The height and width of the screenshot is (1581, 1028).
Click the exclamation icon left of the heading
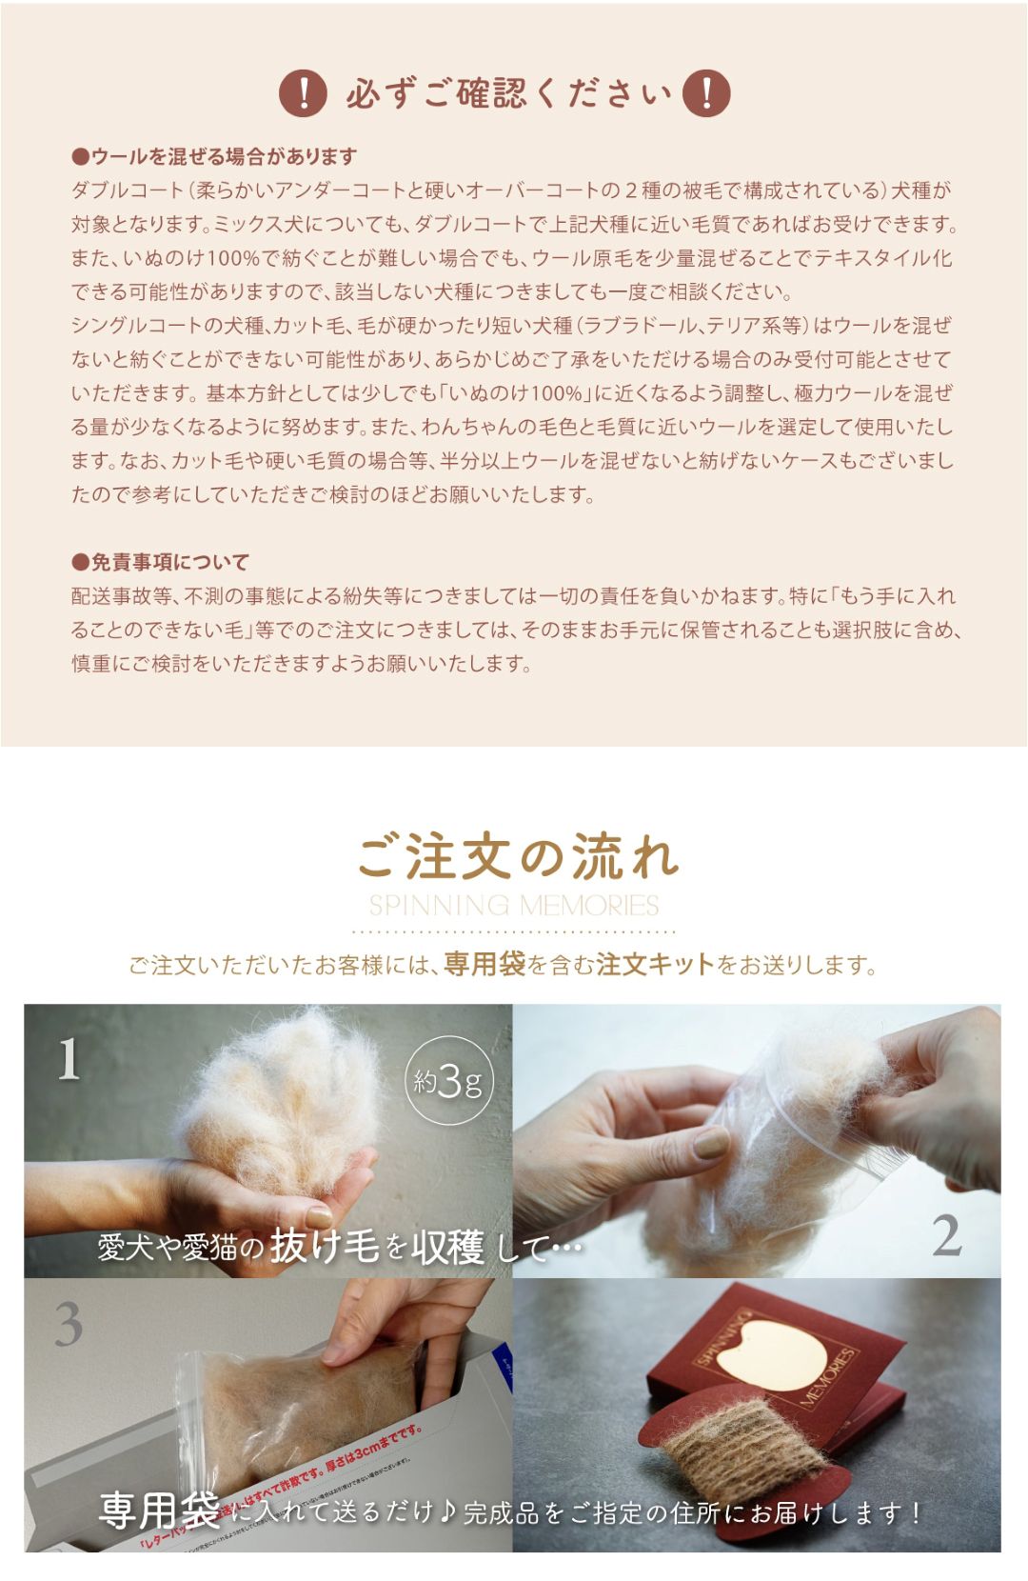coord(303,93)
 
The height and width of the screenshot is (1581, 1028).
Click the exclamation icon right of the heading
coord(706,93)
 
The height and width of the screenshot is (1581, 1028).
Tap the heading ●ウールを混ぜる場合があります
coord(214,156)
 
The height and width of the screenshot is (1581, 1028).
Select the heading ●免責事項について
coord(160,562)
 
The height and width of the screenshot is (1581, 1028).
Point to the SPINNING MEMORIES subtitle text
coord(514,905)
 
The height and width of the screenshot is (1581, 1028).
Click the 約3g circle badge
coord(448,1080)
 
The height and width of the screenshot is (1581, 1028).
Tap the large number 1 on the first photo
coord(69,1059)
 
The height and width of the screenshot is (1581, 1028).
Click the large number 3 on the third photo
coord(69,1324)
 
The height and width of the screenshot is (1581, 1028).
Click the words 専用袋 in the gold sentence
coord(484,964)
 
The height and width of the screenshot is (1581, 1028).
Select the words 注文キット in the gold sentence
coord(656,964)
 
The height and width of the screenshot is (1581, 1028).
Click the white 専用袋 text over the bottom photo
coord(160,1511)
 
